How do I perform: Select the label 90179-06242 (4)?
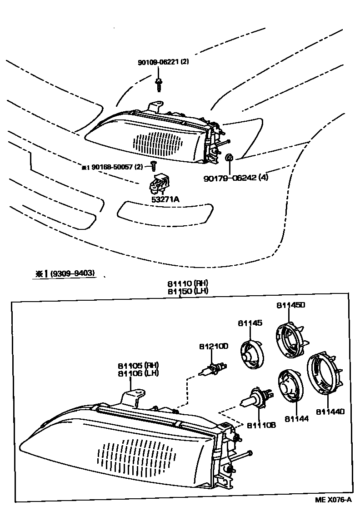tap(236, 177)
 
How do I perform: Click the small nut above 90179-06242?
tap(230, 158)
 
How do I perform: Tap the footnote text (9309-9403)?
tap(73, 273)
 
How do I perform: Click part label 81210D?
tap(213, 346)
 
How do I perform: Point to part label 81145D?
tap(290, 305)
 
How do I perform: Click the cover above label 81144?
tap(289, 386)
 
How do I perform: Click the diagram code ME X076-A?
tap(334, 500)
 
